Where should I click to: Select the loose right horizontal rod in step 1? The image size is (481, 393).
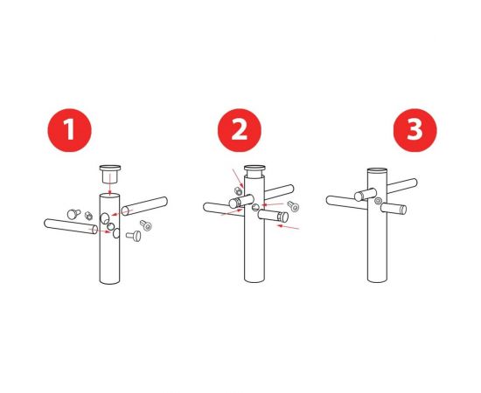(144, 207)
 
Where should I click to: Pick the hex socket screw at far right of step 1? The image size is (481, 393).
(146, 226)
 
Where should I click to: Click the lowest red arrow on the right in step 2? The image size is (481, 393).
(289, 227)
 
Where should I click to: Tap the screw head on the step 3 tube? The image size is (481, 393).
(378, 202)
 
